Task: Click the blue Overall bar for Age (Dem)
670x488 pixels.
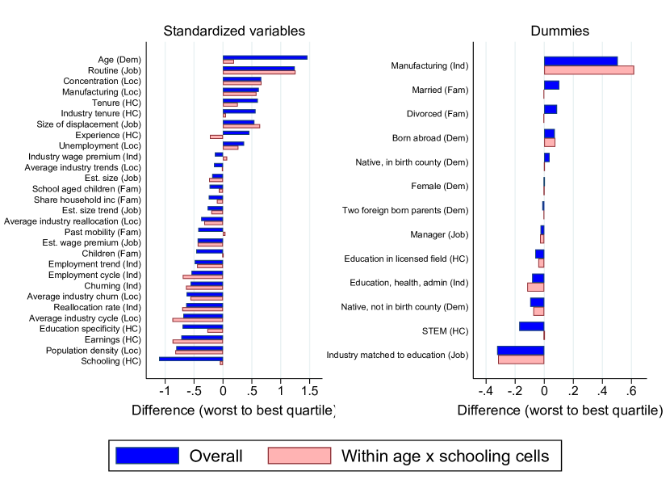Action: pos(265,57)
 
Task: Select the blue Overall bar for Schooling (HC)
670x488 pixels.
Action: pos(191,359)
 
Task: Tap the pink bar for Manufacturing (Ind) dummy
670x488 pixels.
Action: pos(588,70)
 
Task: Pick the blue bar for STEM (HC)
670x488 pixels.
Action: pos(531,326)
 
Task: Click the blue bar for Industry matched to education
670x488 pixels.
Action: pos(521,351)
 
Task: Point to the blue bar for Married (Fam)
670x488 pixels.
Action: pos(551,85)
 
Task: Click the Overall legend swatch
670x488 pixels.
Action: pos(147,456)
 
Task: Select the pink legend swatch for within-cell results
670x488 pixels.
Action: pos(299,456)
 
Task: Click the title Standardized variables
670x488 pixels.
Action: pos(234,31)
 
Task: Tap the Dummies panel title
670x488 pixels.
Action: pos(559,31)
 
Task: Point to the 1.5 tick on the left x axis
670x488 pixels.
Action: pos(309,392)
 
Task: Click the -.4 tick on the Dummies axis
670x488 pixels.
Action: pos(484,392)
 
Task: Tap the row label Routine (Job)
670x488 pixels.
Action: pos(115,70)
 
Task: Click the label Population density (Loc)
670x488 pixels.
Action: pos(94,351)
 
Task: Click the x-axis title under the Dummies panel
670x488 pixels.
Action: pos(559,410)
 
